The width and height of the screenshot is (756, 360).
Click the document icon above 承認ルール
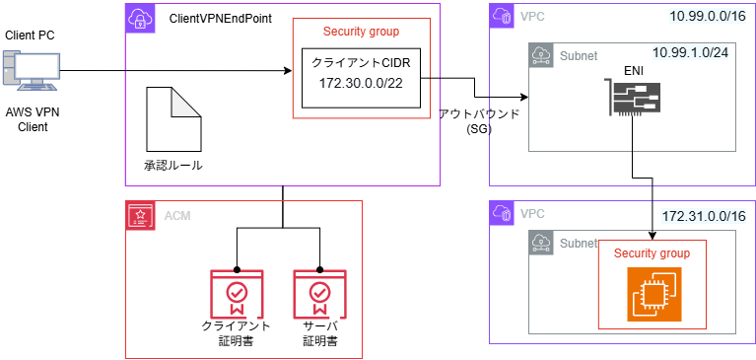click(172, 117)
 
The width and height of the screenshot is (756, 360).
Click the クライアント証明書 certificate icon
click(237, 294)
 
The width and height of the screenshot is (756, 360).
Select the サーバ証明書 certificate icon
click(319, 294)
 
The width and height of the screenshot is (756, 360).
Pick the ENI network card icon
click(633, 101)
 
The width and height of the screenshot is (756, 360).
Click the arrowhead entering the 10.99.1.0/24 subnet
click(523, 98)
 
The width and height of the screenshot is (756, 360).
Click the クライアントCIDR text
click(361, 62)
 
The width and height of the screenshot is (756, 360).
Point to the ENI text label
click(633, 70)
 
